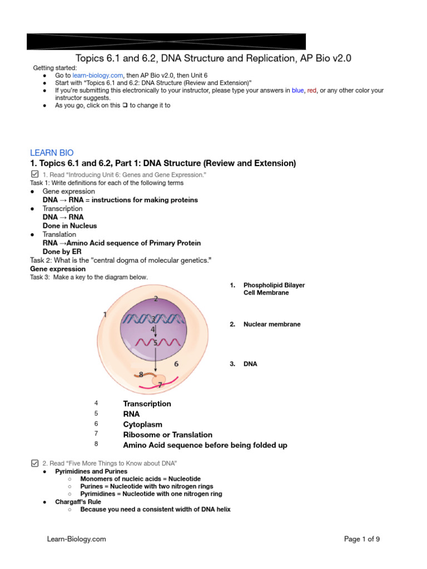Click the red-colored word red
click(313, 90)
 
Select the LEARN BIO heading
click(51, 152)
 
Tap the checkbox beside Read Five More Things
click(34, 463)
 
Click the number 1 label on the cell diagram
click(105, 315)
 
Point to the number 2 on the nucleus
click(156, 299)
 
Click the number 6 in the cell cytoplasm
click(176, 364)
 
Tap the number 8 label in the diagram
click(141, 375)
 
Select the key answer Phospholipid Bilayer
click(274, 285)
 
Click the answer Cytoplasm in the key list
click(142, 425)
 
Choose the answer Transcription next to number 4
click(147, 403)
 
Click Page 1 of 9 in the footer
click(362, 539)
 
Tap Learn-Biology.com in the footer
click(76, 539)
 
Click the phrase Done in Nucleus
click(69, 226)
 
